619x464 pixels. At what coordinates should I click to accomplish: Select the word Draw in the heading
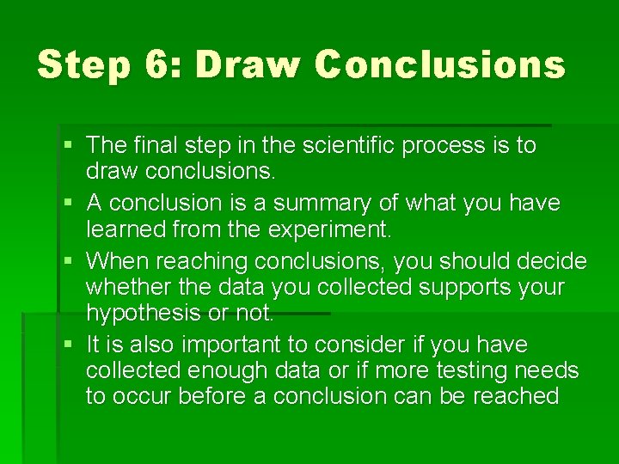click(x=247, y=64)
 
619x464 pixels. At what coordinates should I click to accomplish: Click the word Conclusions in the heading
click(x=439, y=64)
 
